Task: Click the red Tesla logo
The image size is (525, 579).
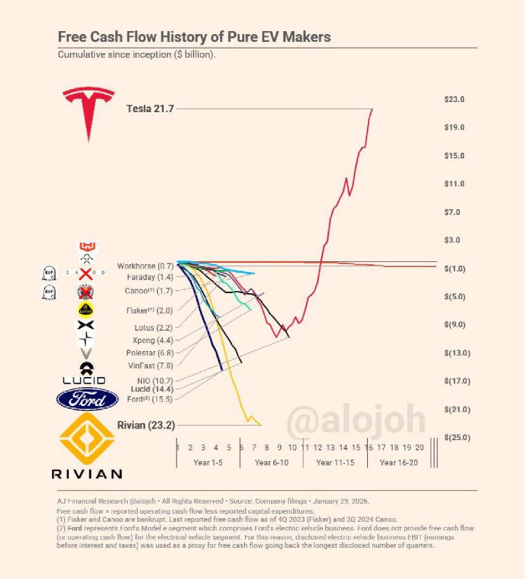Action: [x=89, y=112]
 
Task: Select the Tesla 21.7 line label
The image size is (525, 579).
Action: [x=151, y=109]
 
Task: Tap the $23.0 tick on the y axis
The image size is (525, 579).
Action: [x=454, y=99]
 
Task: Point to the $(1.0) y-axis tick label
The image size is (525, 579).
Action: [x=454, y=269]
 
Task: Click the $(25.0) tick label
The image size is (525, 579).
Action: [x=456, y=438]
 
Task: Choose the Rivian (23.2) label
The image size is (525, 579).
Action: [x=146, y=425]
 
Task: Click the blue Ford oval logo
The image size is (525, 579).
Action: [x=88, y=399]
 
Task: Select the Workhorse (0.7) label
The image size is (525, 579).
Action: [x=146, y=266]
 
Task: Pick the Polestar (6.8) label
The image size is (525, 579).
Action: [x=144, y=352]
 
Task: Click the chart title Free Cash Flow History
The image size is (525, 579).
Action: [x=196, y=37]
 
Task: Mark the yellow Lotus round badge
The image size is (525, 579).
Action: [x=86, y=309]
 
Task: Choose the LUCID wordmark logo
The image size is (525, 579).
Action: [x=85, y=380]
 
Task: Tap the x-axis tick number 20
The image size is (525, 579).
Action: [x=420, y=448]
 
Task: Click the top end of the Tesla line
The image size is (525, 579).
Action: [x=372, y=109]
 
